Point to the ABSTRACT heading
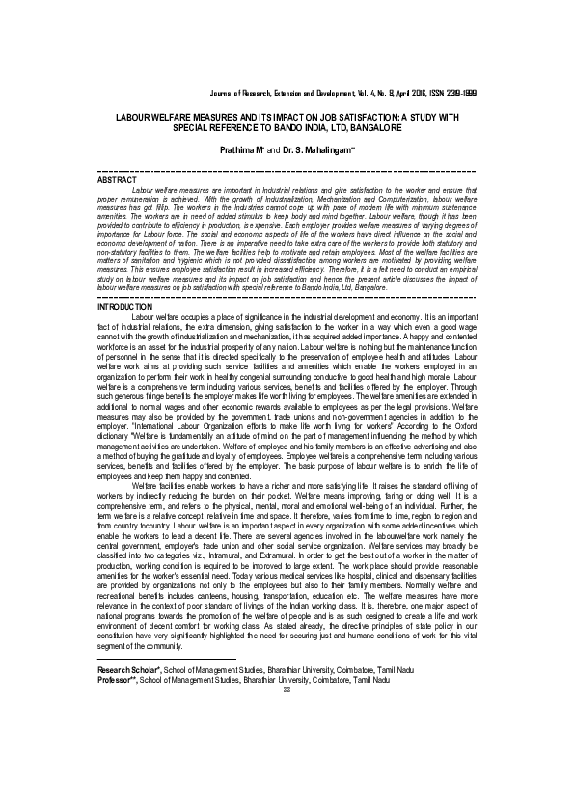coord(118,179)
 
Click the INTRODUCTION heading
coord(125,306)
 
